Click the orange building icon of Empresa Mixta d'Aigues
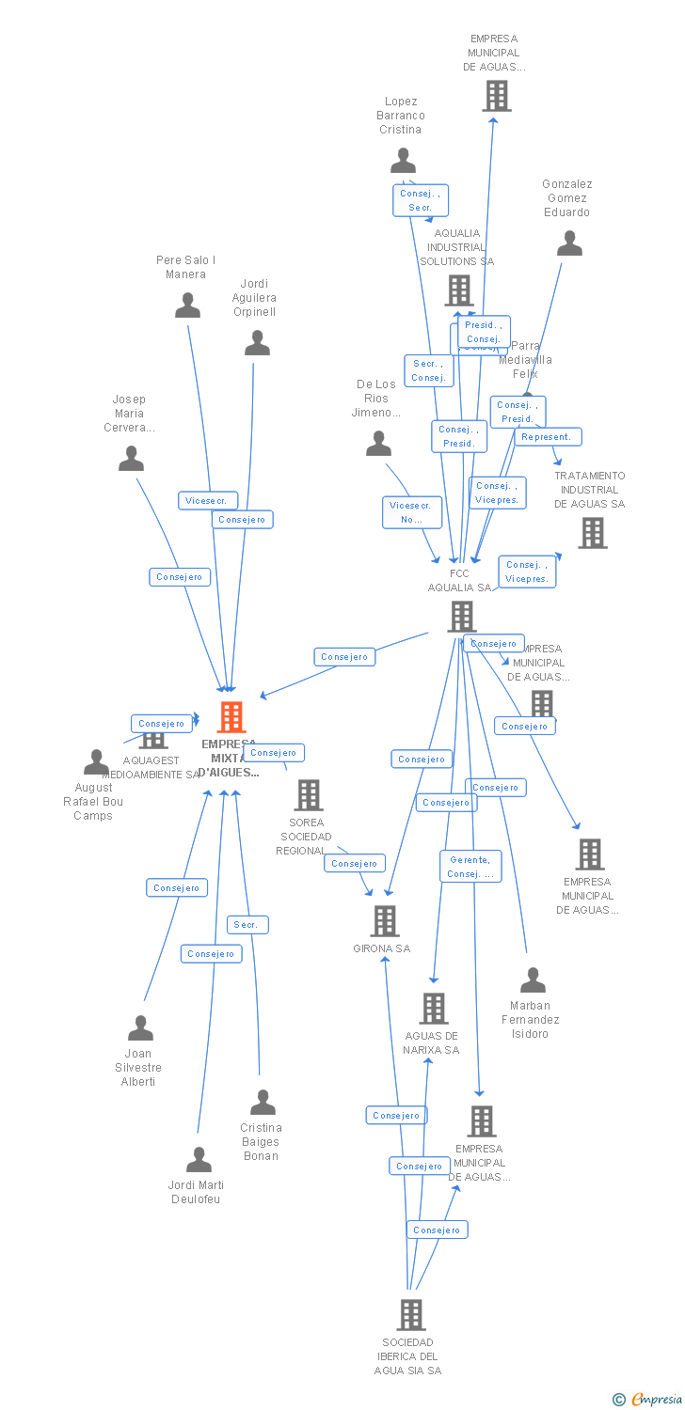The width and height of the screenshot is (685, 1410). pyautogui.click(x=231, y=717)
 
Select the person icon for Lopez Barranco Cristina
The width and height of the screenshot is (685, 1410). pyautogui.click(x=403, y=161)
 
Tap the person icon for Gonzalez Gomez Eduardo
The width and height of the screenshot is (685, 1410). pyautogui.click(x=569, y=243)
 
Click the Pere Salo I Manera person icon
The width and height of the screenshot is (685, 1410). pyautogui.click(x=188, y=305)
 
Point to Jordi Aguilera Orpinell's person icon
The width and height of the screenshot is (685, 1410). pyautogui.click(x=257, y=343)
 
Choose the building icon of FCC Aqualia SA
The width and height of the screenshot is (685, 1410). pyautogui.click(x=461, y=617)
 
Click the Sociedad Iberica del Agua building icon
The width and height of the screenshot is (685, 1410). pyautogui.click(x=411, y=1314)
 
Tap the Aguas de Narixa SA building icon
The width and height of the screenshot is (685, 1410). pyautogui.click(x=433, y=1008)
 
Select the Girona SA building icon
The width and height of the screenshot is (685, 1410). pyautogui.click(x=384, y=920)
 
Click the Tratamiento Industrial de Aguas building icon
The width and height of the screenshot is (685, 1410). pyautogui.click(x=592, y=533)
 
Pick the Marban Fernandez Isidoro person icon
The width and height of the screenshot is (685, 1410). pyautogui.click(x=533, y=980)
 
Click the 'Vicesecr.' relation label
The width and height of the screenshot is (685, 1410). pyautogui.click(x=208, y=501)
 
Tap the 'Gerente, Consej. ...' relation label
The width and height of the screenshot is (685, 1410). pyautogui.click(x=470, y=866)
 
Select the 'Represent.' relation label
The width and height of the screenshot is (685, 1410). pyautogui.click(x=547, y=437)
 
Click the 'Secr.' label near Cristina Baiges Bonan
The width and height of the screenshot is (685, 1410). pyautogui.click(x=247, y=925)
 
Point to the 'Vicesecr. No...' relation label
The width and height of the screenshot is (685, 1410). pyautogui.click(x=411, y=512)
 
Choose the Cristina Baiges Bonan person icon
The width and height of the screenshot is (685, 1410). pyautogui.click(x=263, y=1102)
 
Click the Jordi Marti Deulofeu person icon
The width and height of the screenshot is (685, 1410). pyautogui.click(x=199, y=1160)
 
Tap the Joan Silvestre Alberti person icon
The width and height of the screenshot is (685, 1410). pyautogui.click(x=140, y=1028)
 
